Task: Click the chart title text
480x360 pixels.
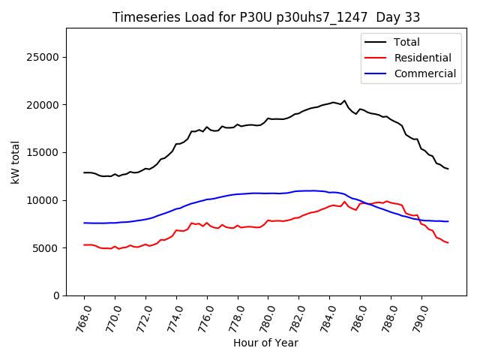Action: pos(266,17)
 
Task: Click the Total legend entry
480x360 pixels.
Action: pos(407,42)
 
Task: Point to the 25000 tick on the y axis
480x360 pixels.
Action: pos(43,57)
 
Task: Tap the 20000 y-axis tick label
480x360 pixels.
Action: pos(43,105)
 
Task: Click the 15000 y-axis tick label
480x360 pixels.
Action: pos(43,152)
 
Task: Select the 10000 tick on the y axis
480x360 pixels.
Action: pos(43,200)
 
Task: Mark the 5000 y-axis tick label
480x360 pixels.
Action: pos(46,248)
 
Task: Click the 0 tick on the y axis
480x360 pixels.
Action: pos(55,295)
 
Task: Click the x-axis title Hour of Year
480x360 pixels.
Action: pos(265,343)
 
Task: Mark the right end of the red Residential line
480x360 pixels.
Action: pos(448,243)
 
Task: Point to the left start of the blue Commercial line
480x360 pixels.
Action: pos(84,223)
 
